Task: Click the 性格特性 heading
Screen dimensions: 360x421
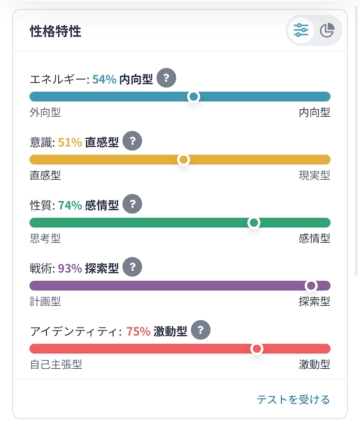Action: coord(56,31)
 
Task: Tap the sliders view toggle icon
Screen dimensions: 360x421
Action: coord(301,30)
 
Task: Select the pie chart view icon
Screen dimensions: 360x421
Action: coord(327,30)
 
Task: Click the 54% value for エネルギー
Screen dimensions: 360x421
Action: coord(104,79)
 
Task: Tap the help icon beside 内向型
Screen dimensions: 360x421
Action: coord(166,78)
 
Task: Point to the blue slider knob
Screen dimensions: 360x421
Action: coord(194,96)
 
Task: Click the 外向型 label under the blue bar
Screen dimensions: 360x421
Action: coord(45,112)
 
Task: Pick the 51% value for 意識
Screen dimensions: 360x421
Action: coord(70,142)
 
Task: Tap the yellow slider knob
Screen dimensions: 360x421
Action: coord(183,160)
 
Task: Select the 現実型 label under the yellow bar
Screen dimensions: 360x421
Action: coord(315,175)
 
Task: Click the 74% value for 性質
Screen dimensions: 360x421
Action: coord(70,205)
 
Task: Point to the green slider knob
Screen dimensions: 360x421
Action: coord(254,223)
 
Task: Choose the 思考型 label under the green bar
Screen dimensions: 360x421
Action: coord(45,238)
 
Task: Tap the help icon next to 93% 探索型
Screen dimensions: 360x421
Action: coord(132,267)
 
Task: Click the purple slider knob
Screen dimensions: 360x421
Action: coord(311,286)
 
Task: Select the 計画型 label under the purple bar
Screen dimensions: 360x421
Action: coord(45,301)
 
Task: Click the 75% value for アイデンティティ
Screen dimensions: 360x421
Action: coord(138,331)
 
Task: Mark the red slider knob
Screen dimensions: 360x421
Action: coord(257,349)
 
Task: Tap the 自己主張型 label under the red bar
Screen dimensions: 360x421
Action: coord(56,364)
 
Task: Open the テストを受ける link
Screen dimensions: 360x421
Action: coord(293,400)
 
